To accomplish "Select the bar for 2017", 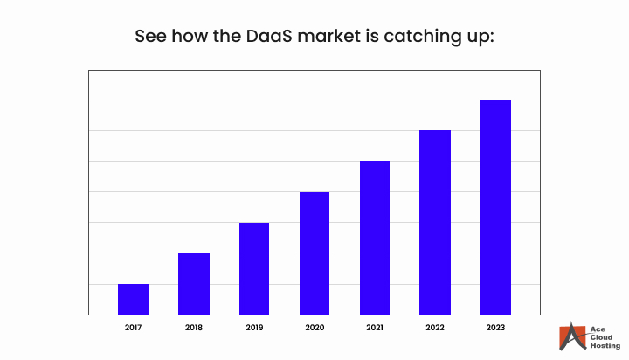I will tap(133, 299).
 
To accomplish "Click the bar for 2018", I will tap(194, 283).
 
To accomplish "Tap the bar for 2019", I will tap(254, 268).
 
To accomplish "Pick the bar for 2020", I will tap(314, 253).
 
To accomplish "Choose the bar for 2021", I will tap(375, 238).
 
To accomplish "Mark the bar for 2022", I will tap(435, 222).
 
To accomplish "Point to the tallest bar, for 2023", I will tap(495, 207).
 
